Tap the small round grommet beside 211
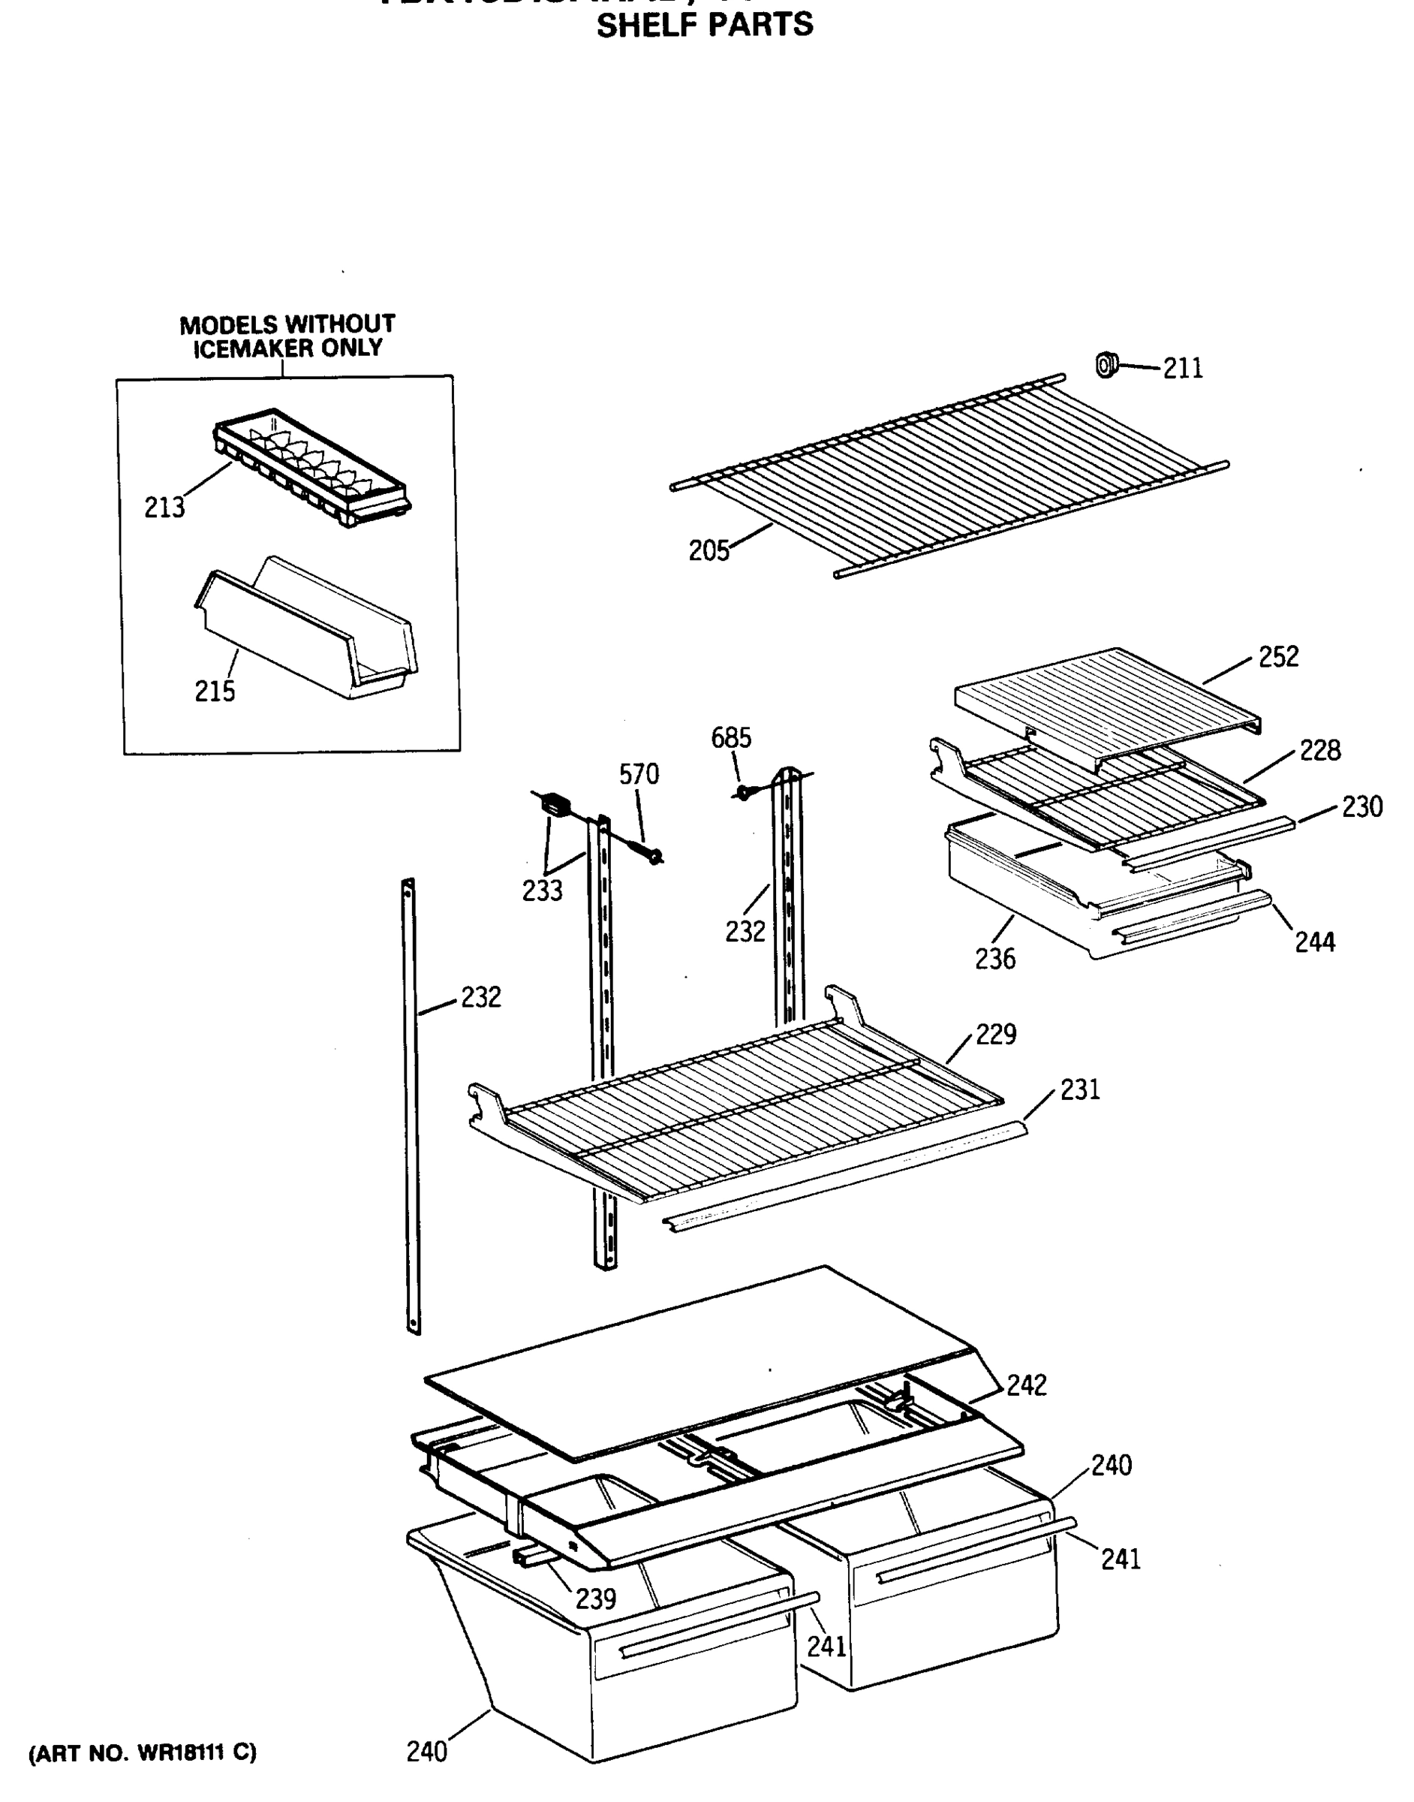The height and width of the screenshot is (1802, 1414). [x=1106, y=364]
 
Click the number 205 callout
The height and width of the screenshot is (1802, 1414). [x=709, y=550]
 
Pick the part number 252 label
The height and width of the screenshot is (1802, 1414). [x=1278, y=657]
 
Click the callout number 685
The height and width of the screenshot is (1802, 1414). [x=731, y=737]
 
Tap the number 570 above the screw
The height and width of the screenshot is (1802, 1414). [x=639, y=774]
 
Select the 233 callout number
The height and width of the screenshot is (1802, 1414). [x=542, y=890]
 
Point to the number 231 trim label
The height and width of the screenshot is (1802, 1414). [x=1079, y=1089]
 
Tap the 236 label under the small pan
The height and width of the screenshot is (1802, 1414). [x=995, y=959]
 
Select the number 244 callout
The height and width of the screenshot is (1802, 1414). [x=1315, y=942]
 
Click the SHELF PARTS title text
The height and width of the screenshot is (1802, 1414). [x=705, y=26]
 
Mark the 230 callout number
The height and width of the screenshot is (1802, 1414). [x=1362, y=806]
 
